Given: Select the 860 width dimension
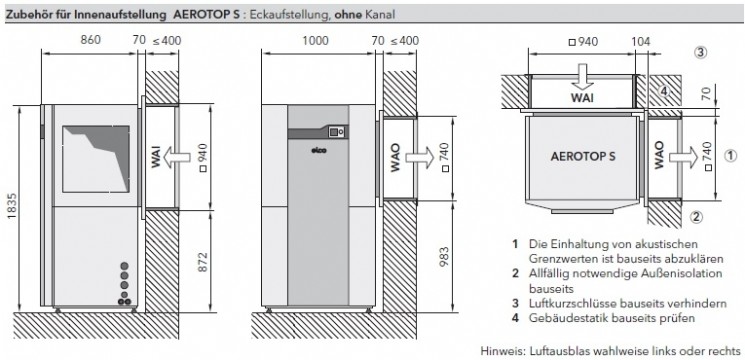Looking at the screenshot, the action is coord(91,40).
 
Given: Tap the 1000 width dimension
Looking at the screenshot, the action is coord(315,40).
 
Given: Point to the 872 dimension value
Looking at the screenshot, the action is coord(204,261).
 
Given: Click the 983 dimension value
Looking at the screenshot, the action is coord(444,256).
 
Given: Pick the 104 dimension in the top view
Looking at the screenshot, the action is coord(641,42).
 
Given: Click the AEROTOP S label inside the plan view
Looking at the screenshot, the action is coord(583,156).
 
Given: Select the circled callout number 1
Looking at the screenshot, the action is coord(731,155).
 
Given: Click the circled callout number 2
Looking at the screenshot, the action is coord(696,217).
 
